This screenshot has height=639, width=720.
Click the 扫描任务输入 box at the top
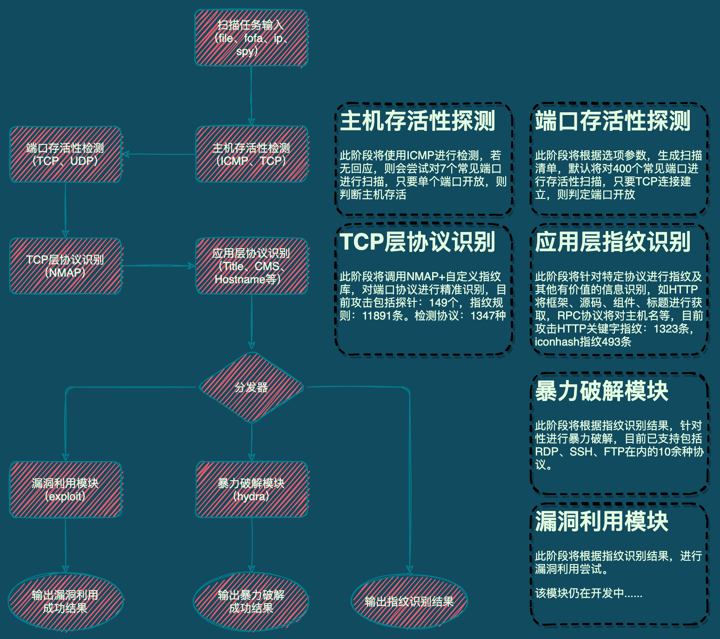251,38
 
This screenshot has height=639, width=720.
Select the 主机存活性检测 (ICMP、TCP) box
251,154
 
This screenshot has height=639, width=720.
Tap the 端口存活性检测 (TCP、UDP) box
65,154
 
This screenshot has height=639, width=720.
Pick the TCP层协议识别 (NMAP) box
65,266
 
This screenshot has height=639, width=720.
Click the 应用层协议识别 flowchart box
251,266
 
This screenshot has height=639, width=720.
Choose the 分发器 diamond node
251,387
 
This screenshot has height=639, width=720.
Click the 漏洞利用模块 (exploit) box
65,489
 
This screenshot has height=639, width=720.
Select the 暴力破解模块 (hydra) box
251,489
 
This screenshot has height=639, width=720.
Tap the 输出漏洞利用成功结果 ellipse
65,601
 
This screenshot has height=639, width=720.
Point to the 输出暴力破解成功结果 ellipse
251,601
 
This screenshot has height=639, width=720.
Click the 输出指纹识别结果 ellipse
409,601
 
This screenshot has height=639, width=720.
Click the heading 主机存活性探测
418,121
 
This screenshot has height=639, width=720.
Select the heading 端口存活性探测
613,121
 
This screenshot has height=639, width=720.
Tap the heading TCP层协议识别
418,242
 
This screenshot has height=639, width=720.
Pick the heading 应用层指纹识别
613,242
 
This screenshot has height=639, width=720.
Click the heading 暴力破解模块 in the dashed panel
602,391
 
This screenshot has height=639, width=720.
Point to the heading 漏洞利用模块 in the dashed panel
602,522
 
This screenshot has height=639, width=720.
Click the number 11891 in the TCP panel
377,316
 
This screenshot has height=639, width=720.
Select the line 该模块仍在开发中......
588,593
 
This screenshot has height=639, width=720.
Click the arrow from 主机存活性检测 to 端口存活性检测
158,154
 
